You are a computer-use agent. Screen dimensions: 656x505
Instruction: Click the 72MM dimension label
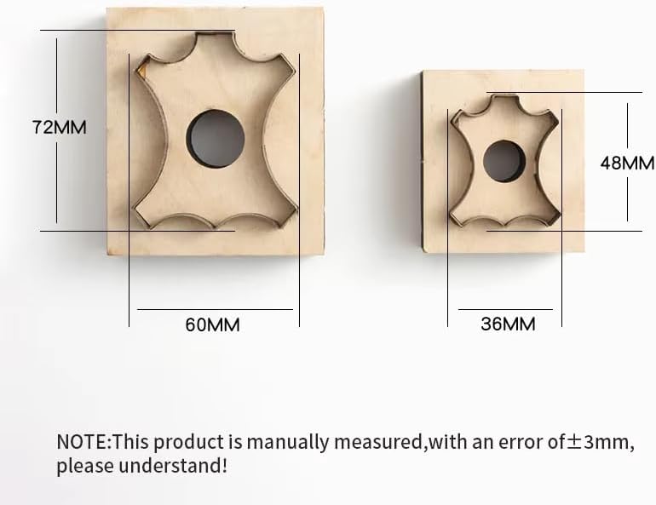click(60, 127)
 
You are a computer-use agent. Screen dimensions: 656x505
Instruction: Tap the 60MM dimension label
click(212, 324)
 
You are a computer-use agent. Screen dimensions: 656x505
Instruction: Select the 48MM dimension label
click(628, 163)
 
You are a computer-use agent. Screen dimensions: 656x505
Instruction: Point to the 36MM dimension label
click(508, 324)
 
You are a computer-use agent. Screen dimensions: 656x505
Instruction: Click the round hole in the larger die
click(215, 139)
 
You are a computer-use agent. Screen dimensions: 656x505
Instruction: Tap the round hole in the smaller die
click(504, 161)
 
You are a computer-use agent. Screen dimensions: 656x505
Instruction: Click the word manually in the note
click(287, 443)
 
